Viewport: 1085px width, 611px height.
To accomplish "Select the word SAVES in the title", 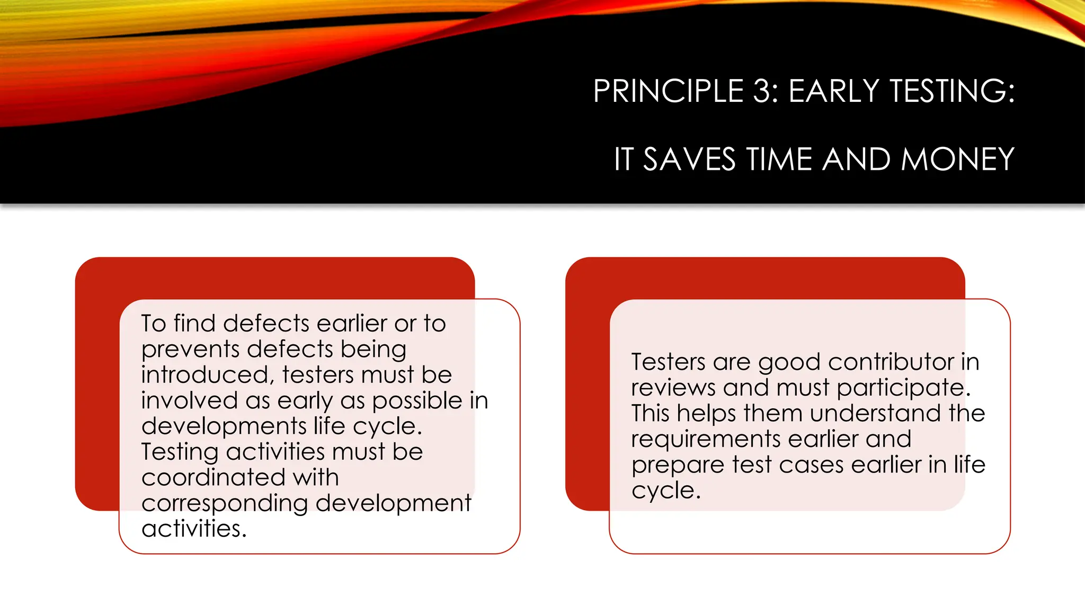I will [x=689, y=159].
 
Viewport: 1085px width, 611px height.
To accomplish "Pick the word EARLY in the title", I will [x=834, y=91].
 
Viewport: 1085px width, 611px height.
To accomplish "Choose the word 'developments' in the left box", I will [x=224, y=426].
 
